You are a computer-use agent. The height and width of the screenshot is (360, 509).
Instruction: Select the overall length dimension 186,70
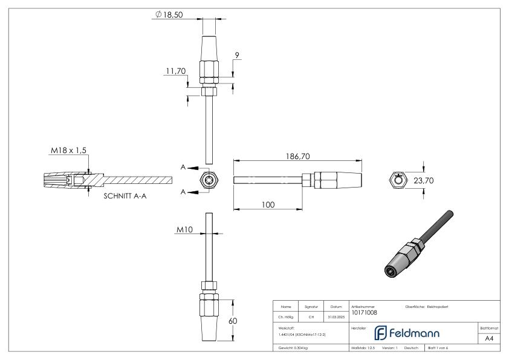(x=297, y=156)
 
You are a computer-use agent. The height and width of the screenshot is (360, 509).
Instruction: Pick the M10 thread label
(x=185, y=230)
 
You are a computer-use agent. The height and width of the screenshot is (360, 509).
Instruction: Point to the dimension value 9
(x=238, y=56)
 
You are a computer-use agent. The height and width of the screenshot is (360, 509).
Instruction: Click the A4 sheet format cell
(x=489, y=339)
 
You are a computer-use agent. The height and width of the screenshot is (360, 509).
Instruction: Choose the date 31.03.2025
(x=336, y=316)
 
